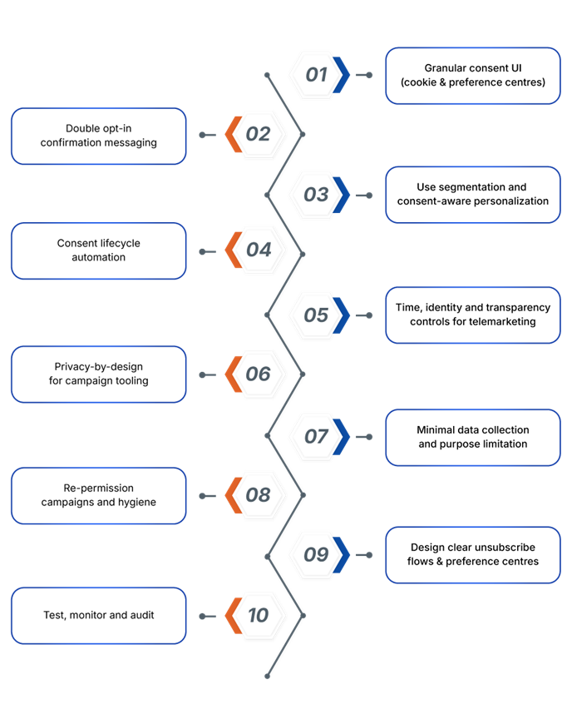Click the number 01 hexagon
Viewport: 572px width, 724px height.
[317, 75]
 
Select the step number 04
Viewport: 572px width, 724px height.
[259, 250]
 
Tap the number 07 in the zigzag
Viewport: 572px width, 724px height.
[317, 436]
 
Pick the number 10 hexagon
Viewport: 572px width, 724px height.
[259, 615]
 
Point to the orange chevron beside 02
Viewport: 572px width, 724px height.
[234, 134]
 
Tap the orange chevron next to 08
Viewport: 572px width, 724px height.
[234, 495]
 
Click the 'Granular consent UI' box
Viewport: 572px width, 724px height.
[473, 76]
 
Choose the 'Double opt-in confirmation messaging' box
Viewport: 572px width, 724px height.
[99, 136]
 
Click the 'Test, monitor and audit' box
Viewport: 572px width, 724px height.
[99, 616]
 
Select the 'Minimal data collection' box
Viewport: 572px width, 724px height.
[473, 437]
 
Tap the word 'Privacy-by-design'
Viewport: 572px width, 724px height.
[99, 367]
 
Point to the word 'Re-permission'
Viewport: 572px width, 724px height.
[99, 488]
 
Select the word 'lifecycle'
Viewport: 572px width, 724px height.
[117, 243]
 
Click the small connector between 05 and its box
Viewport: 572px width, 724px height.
[364, 315]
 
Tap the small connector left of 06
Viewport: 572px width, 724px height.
[208, 375]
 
